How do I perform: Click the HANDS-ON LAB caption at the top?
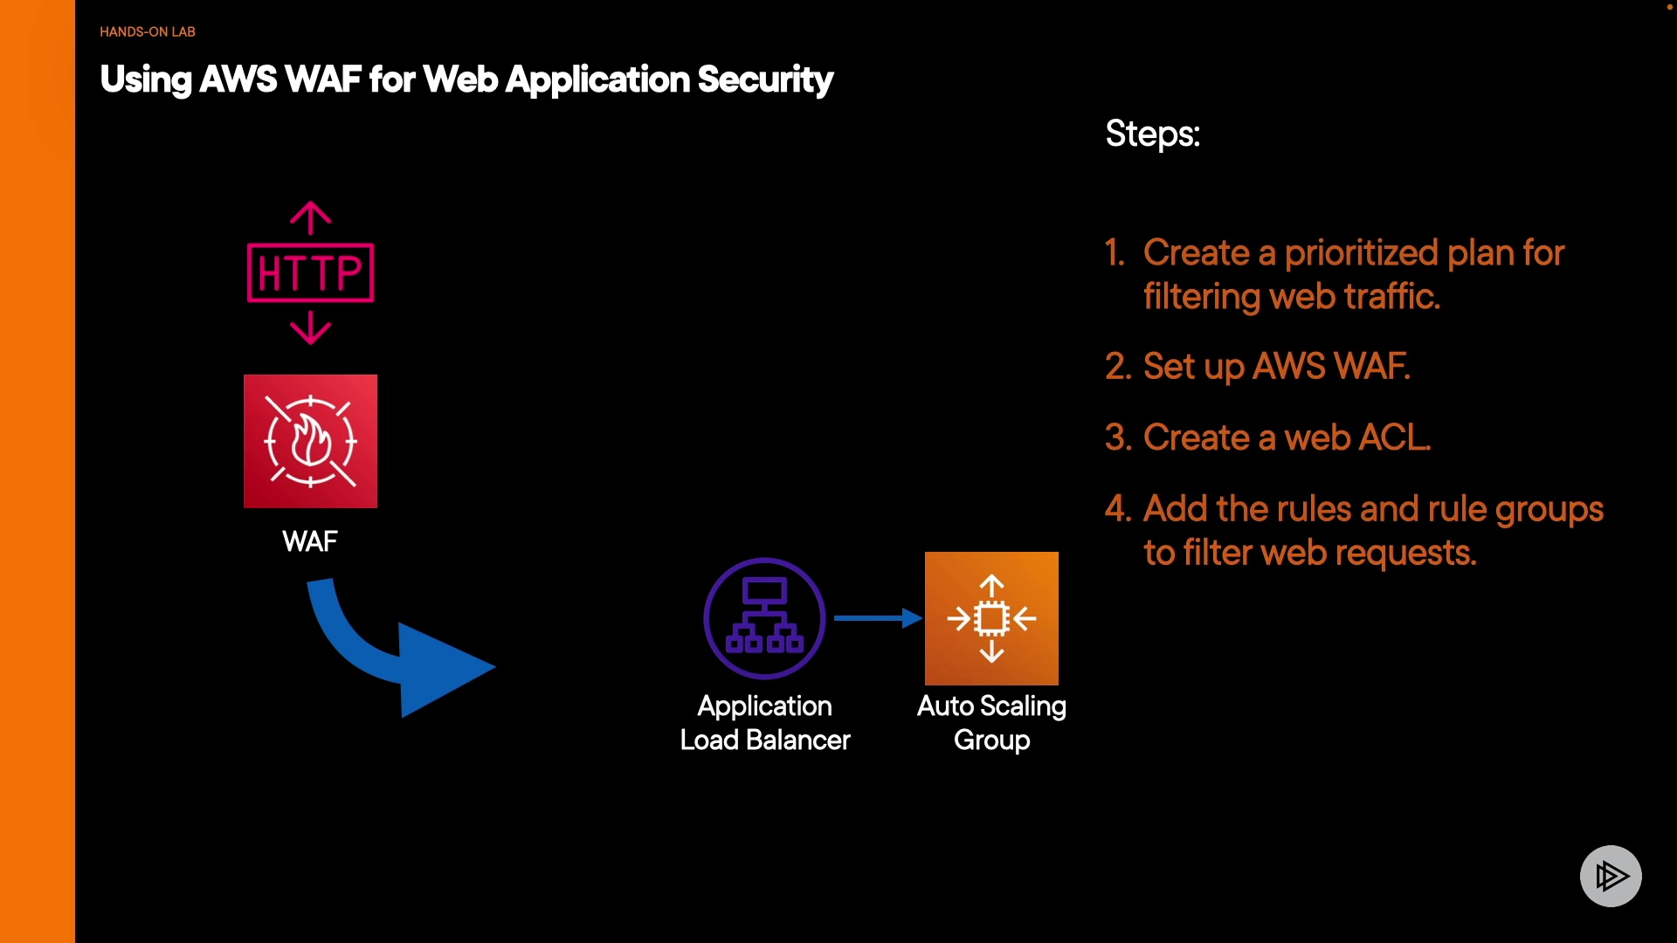tap(148, 31)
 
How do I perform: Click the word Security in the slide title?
tap(765, 80)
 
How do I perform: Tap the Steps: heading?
tap(1153, 134)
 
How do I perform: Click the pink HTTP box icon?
tap(311, 272)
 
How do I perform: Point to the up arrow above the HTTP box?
tap(310, 217)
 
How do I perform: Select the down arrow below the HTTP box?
tap(310, 329)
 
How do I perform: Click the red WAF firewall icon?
tap(310, 441)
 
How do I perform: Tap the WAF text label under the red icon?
tap(310, 541)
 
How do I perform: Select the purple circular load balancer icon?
tap(765, 618)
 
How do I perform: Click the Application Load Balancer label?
tap(765, 723)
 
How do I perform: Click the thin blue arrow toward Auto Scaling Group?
tap(878, 618)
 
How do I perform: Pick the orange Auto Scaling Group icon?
tap(991, 618)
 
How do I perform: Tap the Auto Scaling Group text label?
tap(991, 723)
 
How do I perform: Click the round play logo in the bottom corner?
tap(1611, 876)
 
